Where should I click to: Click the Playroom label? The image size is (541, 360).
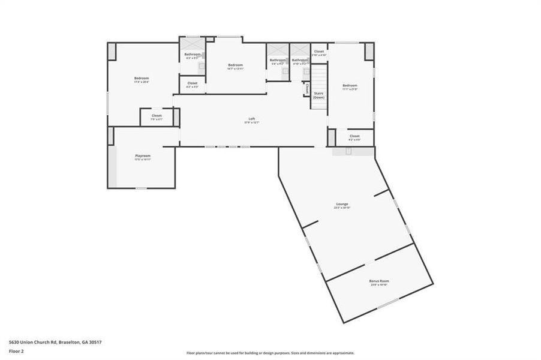click(x=142, y=155)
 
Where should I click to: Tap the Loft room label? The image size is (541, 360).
click(x=253, y=119)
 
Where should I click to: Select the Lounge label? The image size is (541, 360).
click(x=342, y=204)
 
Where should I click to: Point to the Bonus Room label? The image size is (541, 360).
click(x=380, y=281)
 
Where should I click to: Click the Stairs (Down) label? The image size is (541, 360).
click(x=318, y=95)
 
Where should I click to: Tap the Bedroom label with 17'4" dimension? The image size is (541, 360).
click(x=142, y=78)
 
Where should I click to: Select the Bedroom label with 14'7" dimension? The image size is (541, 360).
click(x=235, y=65)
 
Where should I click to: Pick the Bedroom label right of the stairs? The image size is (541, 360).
click(x=350, y=85)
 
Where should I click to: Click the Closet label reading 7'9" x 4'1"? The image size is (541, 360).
click(x=157, y=115)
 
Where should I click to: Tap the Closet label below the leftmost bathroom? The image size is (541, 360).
click(x=192, y=83)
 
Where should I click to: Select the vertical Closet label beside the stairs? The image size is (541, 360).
click(x=306, y=88)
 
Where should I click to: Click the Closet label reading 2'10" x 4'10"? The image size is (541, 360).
click(x=318, y=52)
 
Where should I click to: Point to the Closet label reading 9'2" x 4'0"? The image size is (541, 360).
click(x=354, y=136)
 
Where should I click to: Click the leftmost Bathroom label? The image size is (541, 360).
click(x=192, y=55)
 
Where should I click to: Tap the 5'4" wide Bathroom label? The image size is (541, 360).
click(x=277, y=60)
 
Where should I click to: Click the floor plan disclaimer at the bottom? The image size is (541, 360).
click(x=270, y=353)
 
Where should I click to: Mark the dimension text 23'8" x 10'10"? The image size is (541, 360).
click(x=380, y=284)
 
